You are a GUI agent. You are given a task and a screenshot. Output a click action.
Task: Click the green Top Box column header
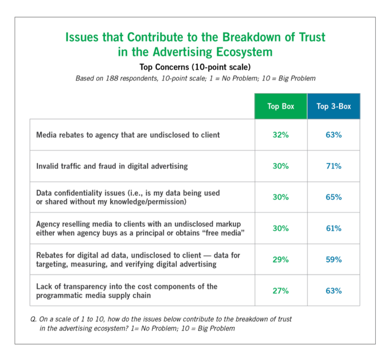pyautogui.click(x=281, y=106)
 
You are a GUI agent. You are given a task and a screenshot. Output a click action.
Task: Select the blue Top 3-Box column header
pyautogui.click(x=333, y=106)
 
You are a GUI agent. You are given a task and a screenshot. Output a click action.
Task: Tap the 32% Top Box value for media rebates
pyautogui.click(x=281, y=135)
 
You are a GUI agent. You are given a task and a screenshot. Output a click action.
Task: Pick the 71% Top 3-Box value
pyautogui.click(x=333, y=166)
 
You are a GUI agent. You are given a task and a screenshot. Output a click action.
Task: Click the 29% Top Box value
pyautogui.click(x=281, y=260)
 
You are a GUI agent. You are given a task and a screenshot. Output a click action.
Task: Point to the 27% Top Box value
pyautogui.click(x=281, y=291)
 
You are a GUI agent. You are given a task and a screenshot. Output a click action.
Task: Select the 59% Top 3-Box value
pyautogui.click(x=333, y=260)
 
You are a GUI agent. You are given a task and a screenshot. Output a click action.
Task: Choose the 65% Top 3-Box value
pyautogui.click(x=333, y=197)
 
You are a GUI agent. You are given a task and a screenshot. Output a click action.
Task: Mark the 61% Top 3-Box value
pyautogui.click(x=333, y=229)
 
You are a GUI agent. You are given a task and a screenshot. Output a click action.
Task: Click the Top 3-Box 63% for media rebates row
pyautogui.click(x=333, y=135)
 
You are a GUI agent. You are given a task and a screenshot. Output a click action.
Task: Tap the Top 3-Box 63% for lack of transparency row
pyautogui.click(x=333, y=291)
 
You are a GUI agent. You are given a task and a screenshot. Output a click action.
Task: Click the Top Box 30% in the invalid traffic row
pyautogui.click(x=281, y=166)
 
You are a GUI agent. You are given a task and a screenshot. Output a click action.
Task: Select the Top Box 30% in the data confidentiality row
pyautogui.click(x=281, y=197)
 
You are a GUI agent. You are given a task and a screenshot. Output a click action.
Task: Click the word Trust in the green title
pyautogui.click(x=310, y=37)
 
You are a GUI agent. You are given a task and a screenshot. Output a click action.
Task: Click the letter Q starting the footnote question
pyautogui.click(x=33, y=319)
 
